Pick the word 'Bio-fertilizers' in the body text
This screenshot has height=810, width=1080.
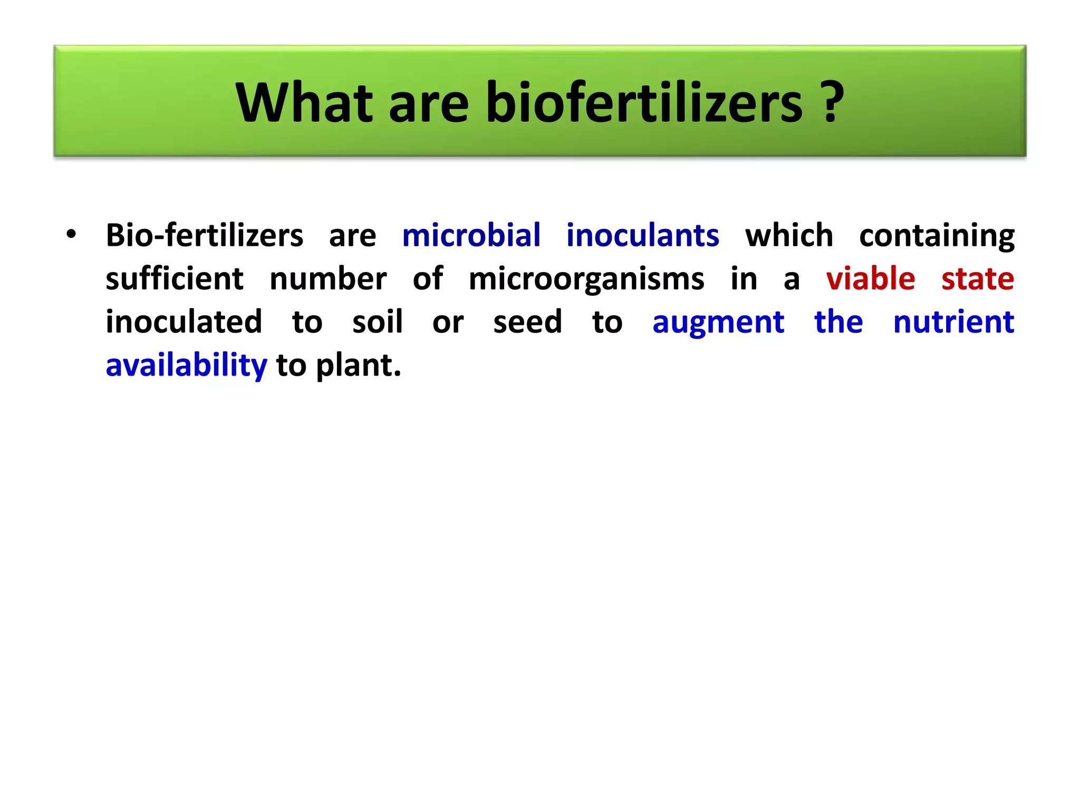[x=205, y=235]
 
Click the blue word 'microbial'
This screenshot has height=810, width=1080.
[x=471, y=235]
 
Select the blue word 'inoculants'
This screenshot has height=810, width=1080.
[x=642, y=235]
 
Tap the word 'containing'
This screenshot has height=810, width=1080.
[x=937, y=236]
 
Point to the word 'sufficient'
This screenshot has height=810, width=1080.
[x=175, y=278]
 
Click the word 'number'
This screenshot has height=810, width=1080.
[x=328, y=278]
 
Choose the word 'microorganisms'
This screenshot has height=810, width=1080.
[x=586, y=279]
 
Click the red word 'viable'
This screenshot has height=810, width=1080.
[x=871, y=278]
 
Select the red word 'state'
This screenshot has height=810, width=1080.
[x=978, y=278]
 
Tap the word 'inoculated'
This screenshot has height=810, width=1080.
[x=184, y=322]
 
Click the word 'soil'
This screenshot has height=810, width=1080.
[x=378, y=322]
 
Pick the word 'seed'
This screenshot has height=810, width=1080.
[x=527, y=322]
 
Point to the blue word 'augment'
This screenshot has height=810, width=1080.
[x=718, y=323]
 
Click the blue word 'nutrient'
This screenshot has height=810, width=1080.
[x=953, y=322]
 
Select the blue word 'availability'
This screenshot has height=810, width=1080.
[x=187, y=365]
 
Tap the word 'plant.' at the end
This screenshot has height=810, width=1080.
[x=359, y=365]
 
